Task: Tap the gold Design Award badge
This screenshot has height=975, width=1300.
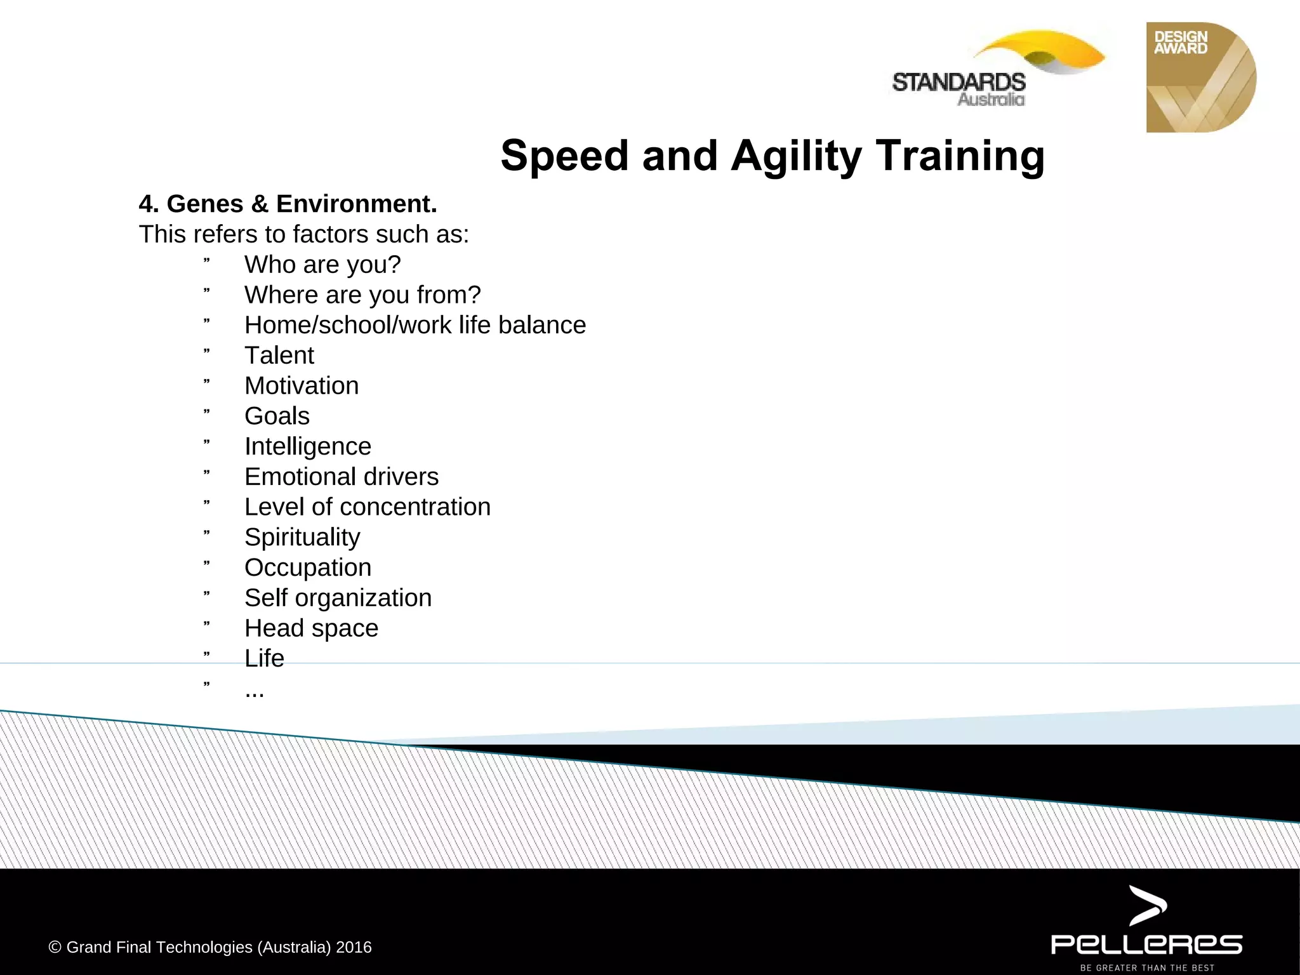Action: point(1200,77)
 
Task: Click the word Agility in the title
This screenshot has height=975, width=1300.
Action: point(796,156)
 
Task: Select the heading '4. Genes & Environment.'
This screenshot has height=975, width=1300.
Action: point(288,204)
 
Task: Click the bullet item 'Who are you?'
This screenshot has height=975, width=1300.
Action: point(322,265)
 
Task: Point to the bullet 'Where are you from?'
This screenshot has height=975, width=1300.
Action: point(362,295)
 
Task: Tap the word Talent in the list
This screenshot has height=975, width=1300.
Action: point(279,355)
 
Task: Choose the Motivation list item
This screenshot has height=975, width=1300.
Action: point(302,386)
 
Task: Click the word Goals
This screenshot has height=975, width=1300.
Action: point(277,416)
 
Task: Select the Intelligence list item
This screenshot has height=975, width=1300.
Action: point(308,447)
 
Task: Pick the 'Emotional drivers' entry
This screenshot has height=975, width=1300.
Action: point(342,477)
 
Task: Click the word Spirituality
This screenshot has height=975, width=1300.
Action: point(302,538)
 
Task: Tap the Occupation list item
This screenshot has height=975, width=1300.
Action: point(308,567)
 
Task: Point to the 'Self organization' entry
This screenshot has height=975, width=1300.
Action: point(338,598)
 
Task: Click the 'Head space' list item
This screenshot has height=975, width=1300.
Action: point(311,628)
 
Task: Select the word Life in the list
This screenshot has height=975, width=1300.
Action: point(264,658)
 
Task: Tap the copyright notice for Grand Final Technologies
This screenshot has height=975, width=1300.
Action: point(210,947)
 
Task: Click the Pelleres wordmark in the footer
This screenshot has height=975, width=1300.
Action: point(1146,944)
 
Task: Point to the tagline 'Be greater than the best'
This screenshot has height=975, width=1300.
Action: point(1147,968)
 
